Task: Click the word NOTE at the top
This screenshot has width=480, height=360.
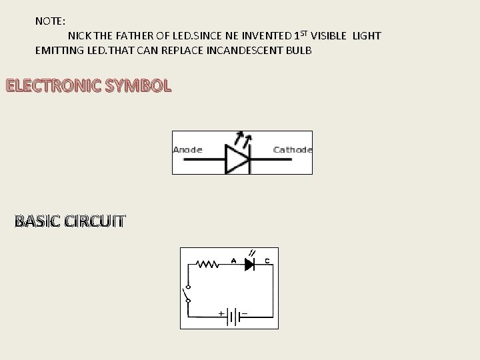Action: click(49, 21)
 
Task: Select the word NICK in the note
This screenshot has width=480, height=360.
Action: click(80, 35)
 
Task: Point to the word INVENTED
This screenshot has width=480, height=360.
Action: click(267, 35)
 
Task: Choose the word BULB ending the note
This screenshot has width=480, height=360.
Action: click(297, 50)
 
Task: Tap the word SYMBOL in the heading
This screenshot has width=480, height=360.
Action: click(142, 86)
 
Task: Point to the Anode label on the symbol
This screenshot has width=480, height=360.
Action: click(187, 150)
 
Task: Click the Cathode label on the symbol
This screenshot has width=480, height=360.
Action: click(292, 150)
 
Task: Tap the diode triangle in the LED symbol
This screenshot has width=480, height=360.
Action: click(237, 160)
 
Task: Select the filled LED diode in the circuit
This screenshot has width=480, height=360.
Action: click(250, 265)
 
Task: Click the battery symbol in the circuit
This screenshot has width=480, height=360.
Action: click(232, 315)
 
